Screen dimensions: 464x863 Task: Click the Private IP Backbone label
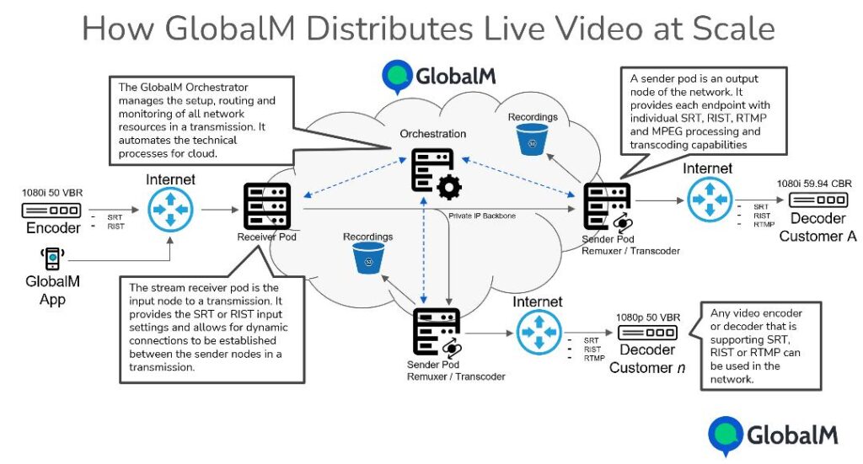tap(482, 216)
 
